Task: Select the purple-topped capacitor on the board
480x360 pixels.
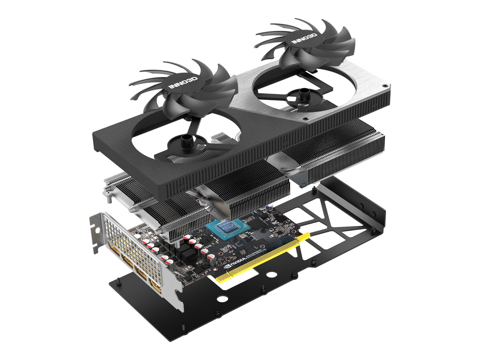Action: (269, 206)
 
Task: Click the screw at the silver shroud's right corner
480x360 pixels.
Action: (383, 86)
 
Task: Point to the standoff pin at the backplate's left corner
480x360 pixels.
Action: (118, 282)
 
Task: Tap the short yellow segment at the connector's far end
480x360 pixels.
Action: (305, 236)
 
